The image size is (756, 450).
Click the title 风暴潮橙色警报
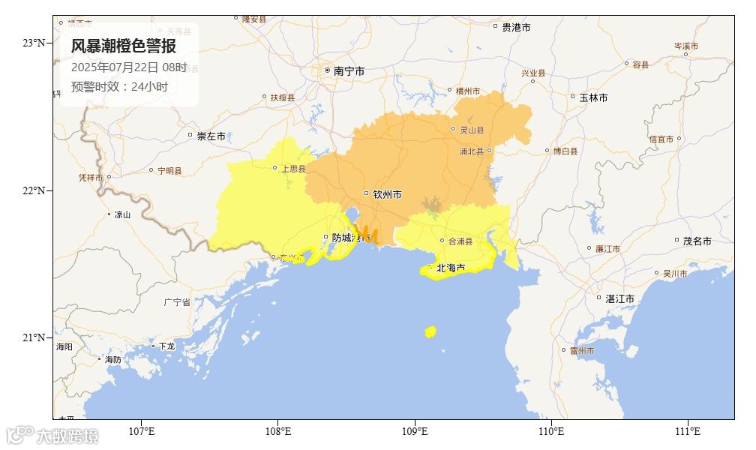click(124, 46)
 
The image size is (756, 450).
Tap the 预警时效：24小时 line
click(119, 86)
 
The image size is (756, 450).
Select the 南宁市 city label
click(349, 71)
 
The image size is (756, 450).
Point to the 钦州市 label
click(387, 194)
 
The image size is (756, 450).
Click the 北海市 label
click(451, 267)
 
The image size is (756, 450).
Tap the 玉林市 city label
click(592, 97)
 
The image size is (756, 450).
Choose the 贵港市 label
click(516, 27)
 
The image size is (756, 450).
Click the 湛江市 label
click(619, 298)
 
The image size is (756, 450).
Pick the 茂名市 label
click(697, 241)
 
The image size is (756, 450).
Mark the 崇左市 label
click(211, 136)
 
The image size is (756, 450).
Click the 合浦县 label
click(460, 241)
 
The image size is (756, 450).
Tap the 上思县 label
click(293, 169)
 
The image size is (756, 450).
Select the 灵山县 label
click(472, 130)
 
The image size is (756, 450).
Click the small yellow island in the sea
click(430, 331)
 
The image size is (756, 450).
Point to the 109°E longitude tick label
click(415, 431)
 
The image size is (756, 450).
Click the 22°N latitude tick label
click(33, 190)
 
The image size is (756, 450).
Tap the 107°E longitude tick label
click(142, 431)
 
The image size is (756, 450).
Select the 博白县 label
click(565, 151)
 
